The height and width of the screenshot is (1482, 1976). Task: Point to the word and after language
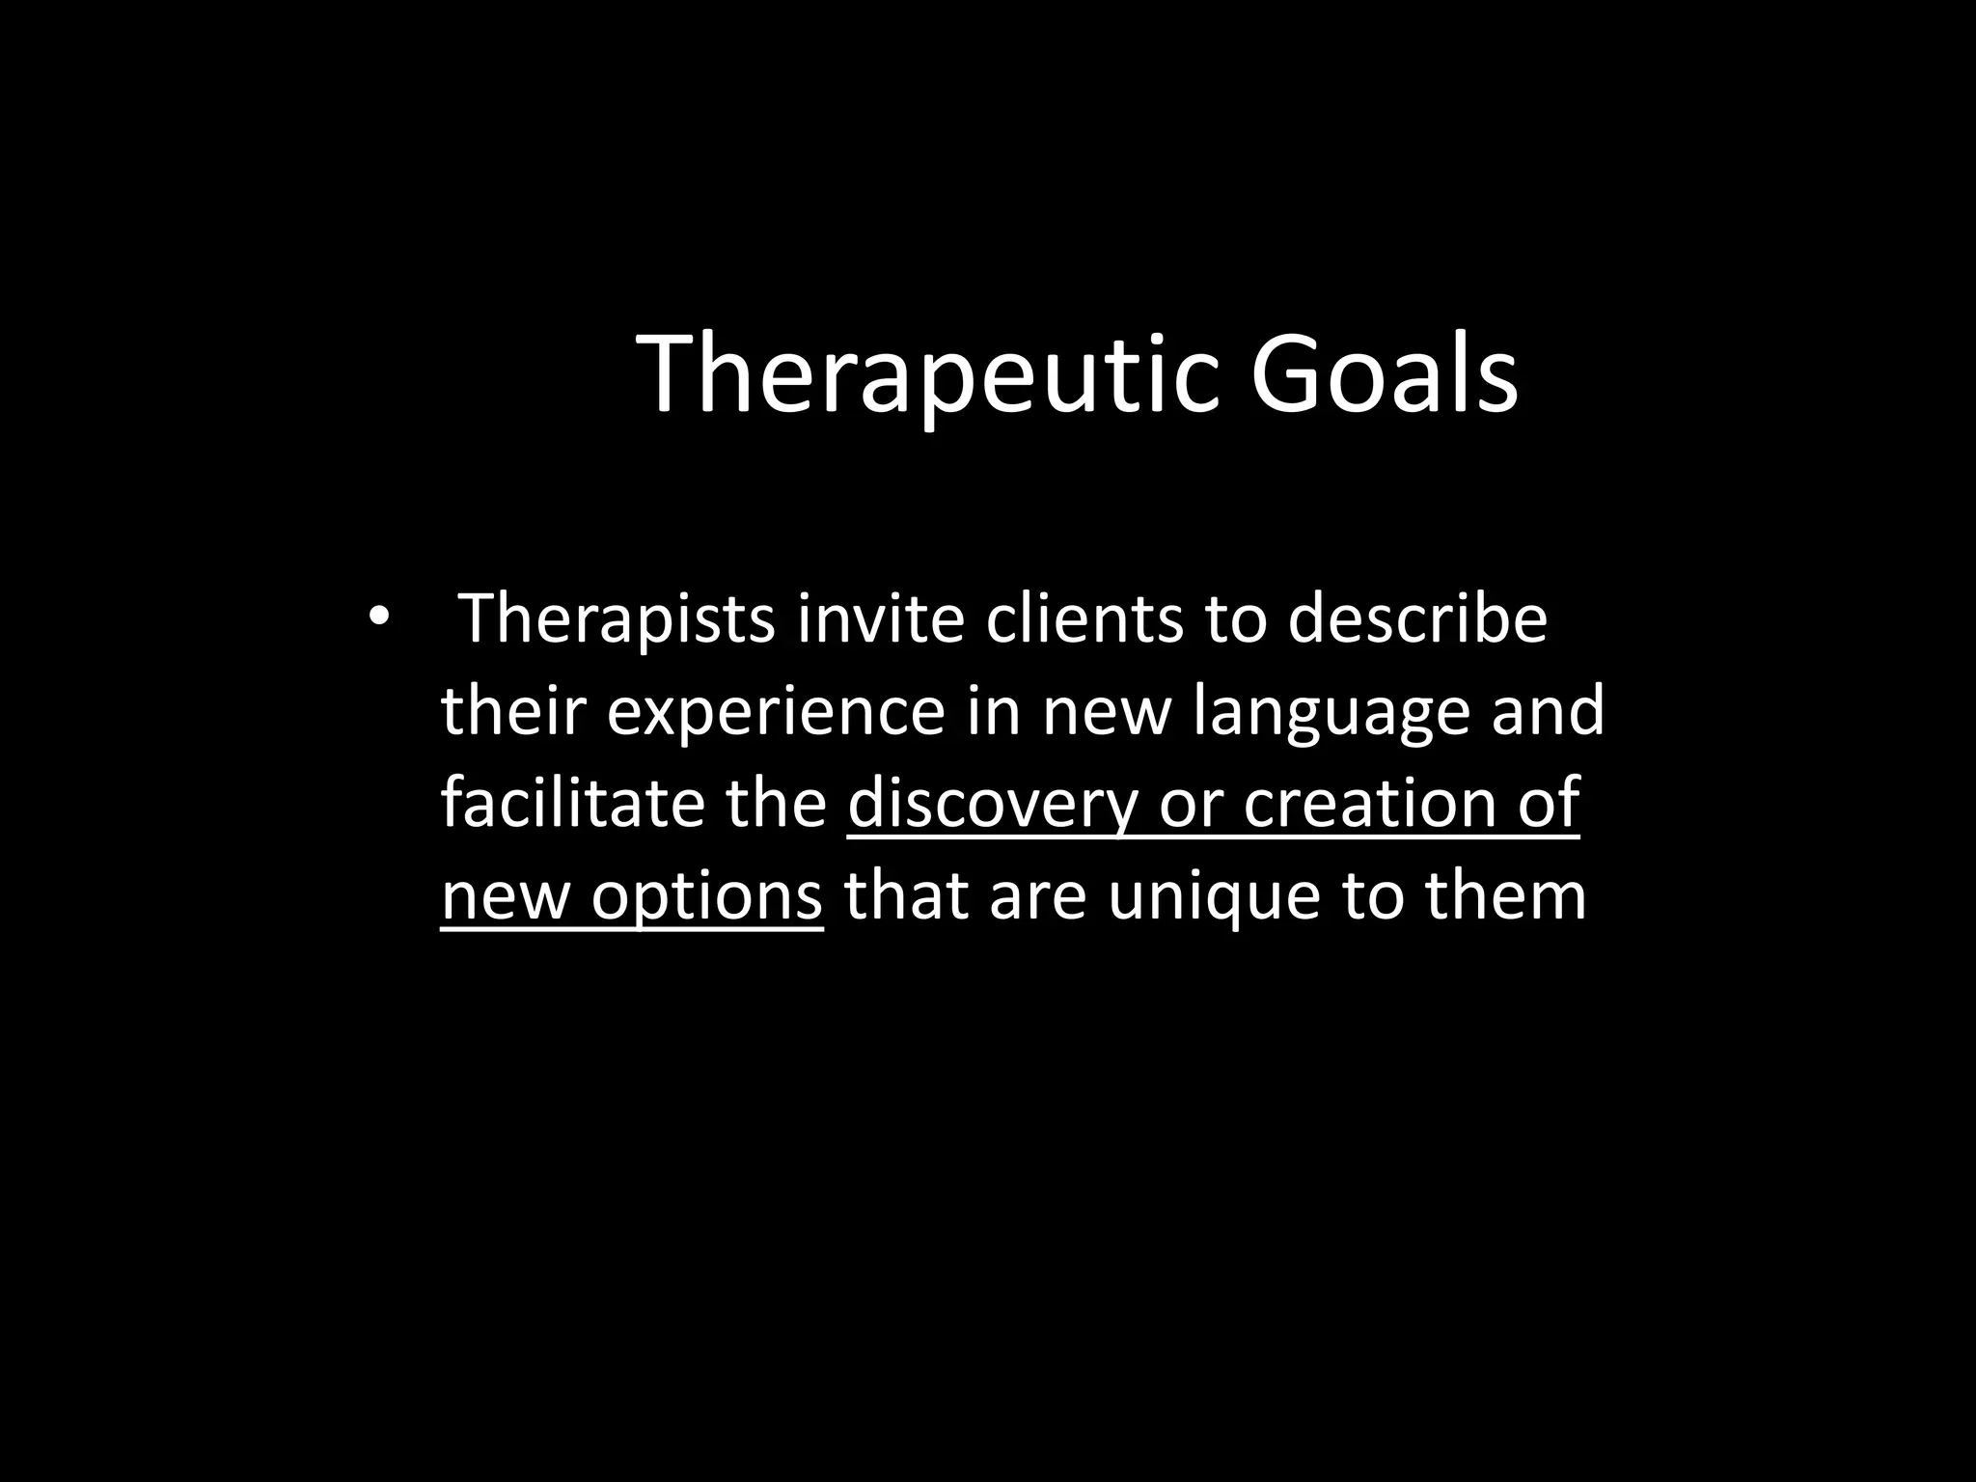(x=1549, y=712)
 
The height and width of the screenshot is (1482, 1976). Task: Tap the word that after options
(x=906, y=896)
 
